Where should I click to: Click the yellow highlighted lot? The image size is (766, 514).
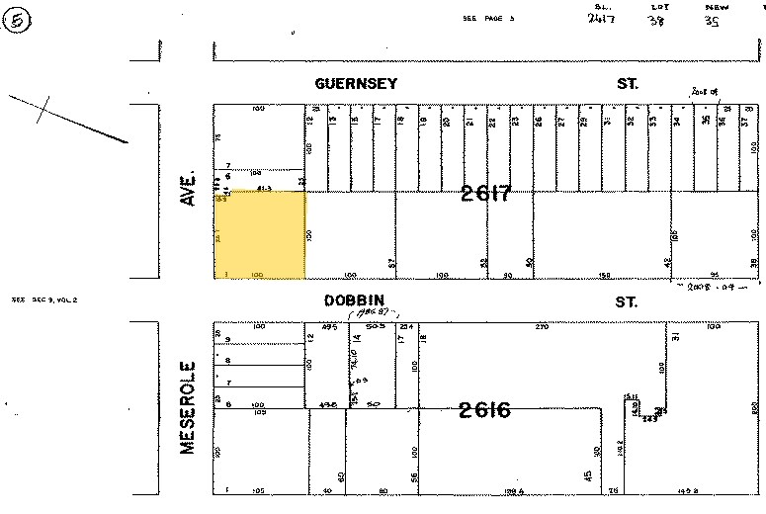pos(260,235)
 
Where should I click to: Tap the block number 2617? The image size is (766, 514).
pos(486,195)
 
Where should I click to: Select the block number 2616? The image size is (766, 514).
pos(484,409)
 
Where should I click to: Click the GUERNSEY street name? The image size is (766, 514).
pos(356,84)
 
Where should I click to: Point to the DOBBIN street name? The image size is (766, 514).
pos(354,300)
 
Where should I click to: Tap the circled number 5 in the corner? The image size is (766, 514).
pos(17,21)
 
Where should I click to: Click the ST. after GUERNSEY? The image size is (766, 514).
pos(628,84)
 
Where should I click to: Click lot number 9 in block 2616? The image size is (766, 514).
pos(227,339)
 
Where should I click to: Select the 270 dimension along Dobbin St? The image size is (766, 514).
pos(541,325)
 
